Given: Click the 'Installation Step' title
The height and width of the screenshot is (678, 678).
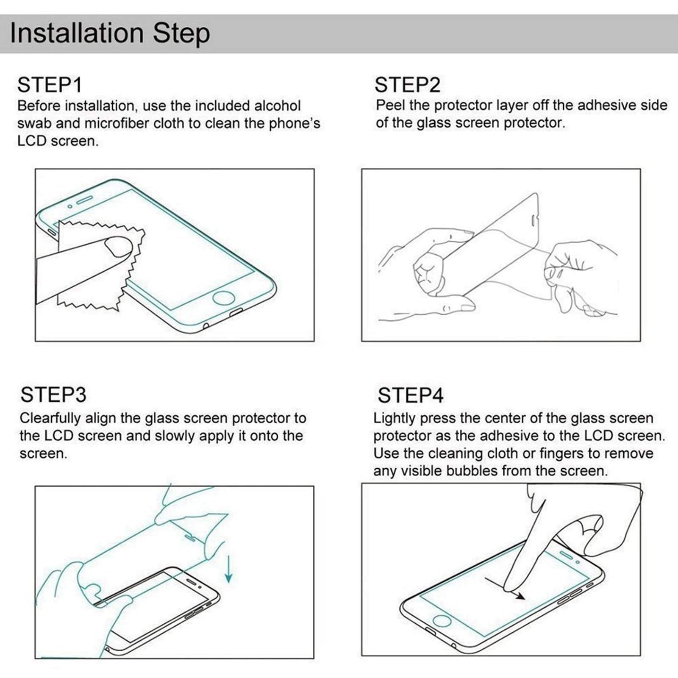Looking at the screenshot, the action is coord(110,33).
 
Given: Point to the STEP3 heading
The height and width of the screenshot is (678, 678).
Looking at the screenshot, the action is coord(53,395).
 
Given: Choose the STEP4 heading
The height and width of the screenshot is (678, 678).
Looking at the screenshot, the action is coord(411,395).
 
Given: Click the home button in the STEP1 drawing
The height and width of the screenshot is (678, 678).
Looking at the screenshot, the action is coord(224,298).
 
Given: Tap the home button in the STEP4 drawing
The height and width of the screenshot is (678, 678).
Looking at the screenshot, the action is coord(442,621).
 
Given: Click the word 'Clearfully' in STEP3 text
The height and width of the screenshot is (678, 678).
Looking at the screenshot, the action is coord(50,418).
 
